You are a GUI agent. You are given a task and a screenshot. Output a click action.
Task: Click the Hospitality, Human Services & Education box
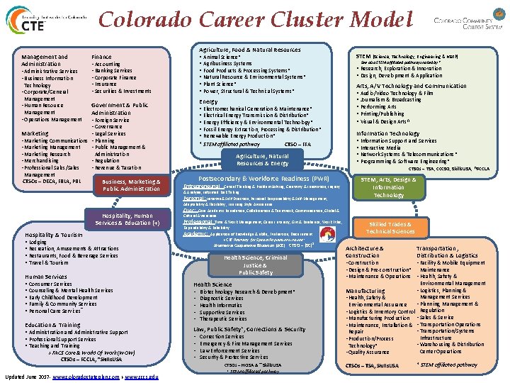128,219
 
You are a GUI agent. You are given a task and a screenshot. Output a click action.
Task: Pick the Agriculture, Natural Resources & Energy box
262,160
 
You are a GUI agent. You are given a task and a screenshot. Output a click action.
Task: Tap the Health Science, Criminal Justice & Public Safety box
256,265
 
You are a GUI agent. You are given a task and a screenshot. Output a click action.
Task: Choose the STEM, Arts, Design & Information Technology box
389,187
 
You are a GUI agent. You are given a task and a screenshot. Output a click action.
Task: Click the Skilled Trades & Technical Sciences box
388,228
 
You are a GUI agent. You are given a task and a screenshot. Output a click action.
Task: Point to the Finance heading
101,57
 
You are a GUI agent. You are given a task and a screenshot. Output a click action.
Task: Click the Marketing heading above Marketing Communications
35,133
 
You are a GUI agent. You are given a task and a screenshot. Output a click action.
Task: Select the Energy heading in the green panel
208,101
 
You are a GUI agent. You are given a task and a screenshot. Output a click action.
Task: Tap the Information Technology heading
388,133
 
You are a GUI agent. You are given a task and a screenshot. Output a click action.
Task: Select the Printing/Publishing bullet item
382,113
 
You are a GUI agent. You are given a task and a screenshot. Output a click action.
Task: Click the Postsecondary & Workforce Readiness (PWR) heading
263,178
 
